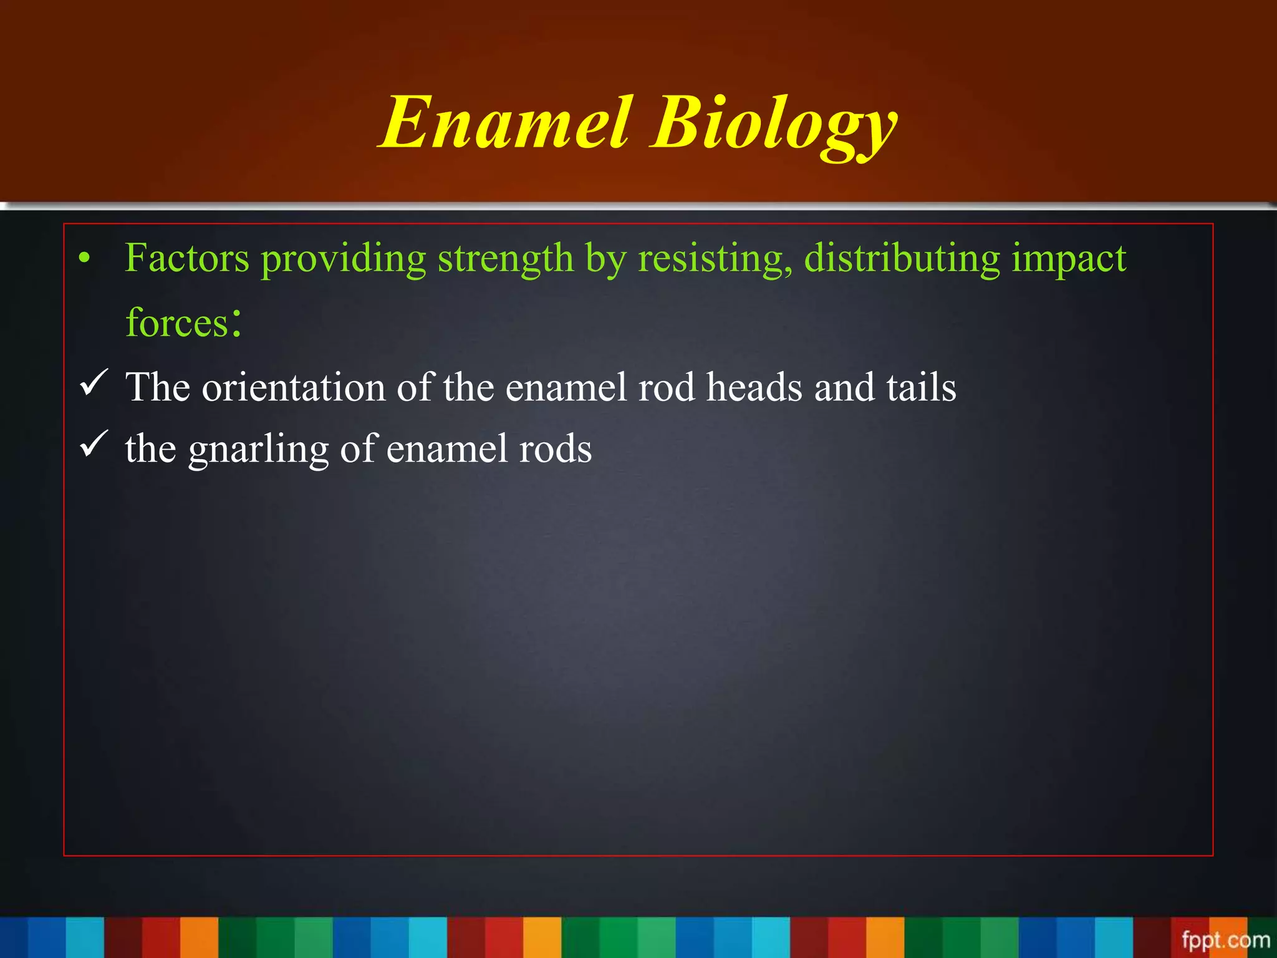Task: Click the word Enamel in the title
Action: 505,123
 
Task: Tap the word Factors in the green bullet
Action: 187,258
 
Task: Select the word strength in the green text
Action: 505,258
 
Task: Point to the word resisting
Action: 715,258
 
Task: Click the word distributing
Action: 902,258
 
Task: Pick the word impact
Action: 1069,259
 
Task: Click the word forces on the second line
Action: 177,323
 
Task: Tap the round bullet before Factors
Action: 85,258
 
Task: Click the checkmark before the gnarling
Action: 94,444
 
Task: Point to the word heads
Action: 754,387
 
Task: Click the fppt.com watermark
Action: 1225,939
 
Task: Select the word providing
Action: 343,259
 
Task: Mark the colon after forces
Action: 235,322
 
